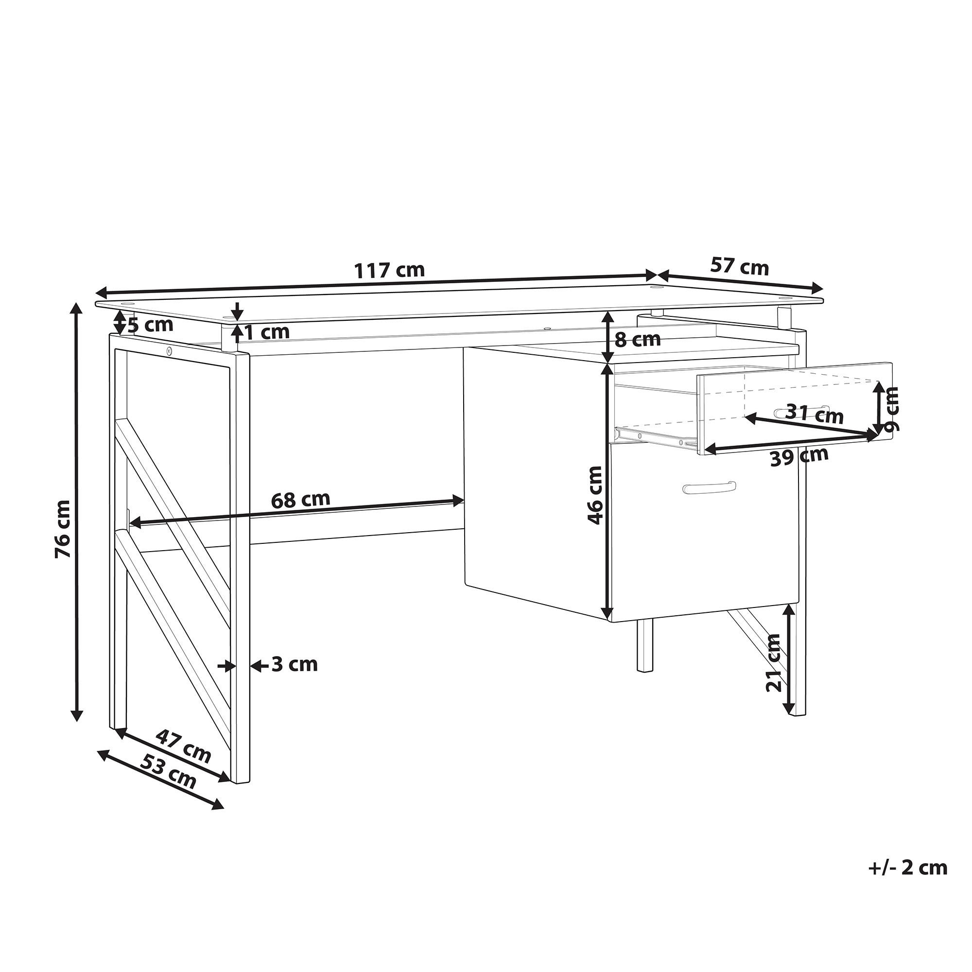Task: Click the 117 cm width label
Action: click(x=390, y=271)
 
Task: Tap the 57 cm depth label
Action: click(x=740, y=267)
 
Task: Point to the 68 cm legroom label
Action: click(x=300, y=500)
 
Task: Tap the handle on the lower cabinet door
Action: click(x=709, y=487)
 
